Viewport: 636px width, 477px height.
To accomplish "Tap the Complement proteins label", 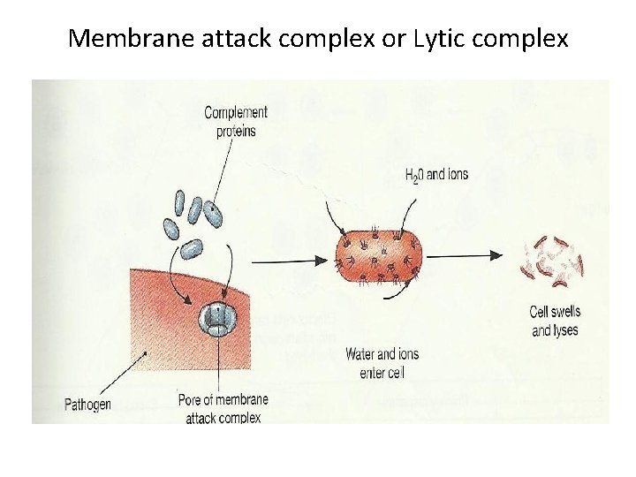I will (236, 121).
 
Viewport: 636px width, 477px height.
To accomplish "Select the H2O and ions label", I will (436, 174).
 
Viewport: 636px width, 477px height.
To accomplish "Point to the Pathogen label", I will (87, 405).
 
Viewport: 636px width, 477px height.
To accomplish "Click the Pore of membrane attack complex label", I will (223, 408).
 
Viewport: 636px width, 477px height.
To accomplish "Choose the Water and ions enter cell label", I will (382, 363).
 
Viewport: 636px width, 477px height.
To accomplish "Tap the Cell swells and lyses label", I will (555, 321).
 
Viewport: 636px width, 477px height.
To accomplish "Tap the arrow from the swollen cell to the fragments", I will (468, 255).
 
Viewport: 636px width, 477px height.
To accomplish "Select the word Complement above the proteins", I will (236, 113).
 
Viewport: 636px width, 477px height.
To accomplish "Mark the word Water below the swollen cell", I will (361, 354).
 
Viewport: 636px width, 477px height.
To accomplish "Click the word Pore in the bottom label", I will (191, 399).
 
